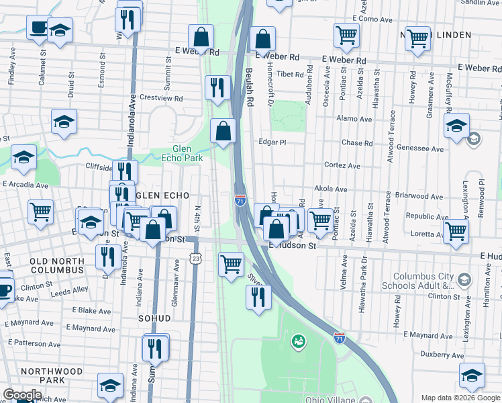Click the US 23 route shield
(195, 258)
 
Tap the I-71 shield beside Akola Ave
(240, 200)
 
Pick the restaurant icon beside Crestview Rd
(217, 87)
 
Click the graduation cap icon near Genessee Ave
(456, 126)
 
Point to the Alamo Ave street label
(355, 119)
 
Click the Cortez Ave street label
(342, 166)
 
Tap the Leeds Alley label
(69, 289)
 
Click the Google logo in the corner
(22, 395)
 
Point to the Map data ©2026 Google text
(460, 398)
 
